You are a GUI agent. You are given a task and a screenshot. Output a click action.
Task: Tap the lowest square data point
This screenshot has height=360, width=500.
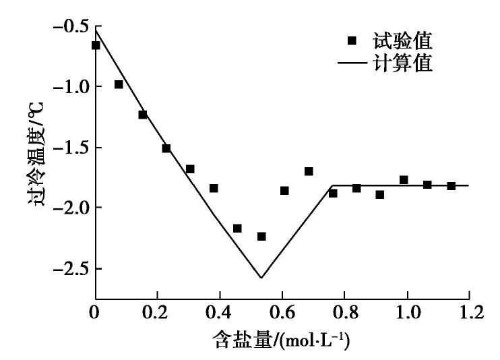tap(261, 236)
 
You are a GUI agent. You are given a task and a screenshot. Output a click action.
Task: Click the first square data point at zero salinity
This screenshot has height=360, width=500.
tap(96, 45)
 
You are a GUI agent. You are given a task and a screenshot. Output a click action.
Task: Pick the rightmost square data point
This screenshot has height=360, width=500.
tap(451, 185)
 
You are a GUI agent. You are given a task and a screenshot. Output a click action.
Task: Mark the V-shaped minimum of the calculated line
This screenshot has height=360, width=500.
tap(261, 278)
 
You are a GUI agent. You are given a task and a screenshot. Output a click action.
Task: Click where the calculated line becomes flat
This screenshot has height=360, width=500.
tap(332, 185)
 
